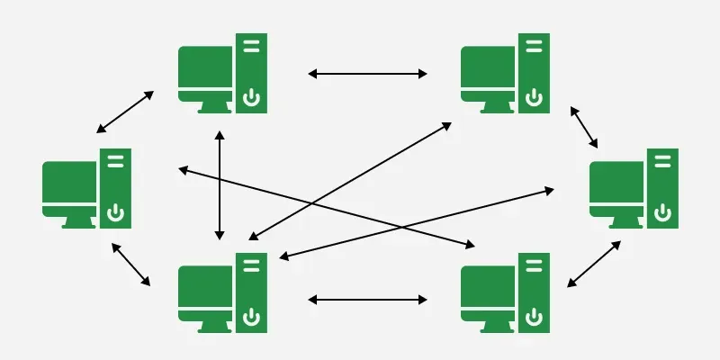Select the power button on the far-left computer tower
coord(115,211)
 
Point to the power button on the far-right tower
coord(662,211)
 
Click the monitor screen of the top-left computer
coord(205,67)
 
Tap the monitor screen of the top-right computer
coord(488,67)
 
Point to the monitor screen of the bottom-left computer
coord(205,287)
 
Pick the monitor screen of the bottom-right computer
coord(488,287)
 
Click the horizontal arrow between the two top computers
coord(367,74)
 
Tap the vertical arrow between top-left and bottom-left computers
coord(219,185)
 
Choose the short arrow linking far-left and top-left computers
coord(125,112)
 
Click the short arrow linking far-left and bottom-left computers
coord(130,264)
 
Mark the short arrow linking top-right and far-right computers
coord(584,127)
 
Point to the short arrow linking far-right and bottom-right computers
coord(593,264)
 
